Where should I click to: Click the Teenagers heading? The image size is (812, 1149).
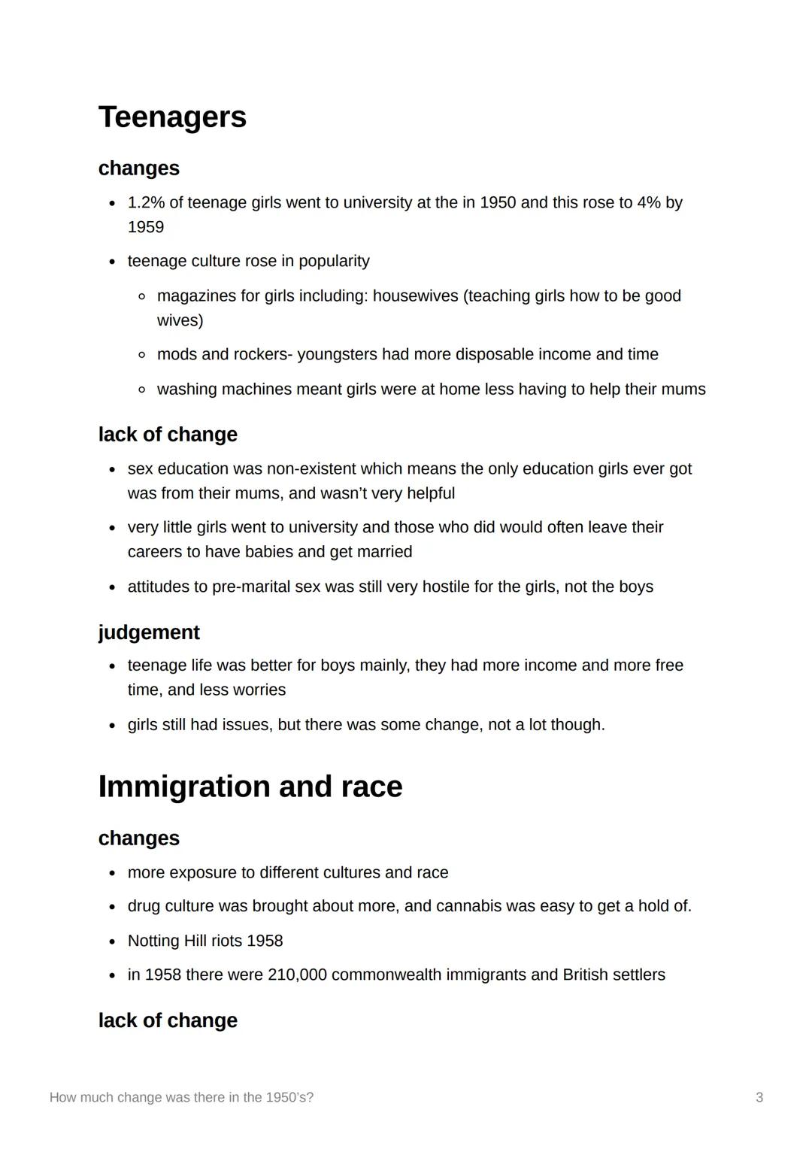point(172,117)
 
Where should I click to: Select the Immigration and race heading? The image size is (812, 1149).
point(250,787)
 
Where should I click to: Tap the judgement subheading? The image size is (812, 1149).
point(149,632)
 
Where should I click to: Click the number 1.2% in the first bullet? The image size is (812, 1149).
point(146,203)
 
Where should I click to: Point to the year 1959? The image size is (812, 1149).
point(146,227)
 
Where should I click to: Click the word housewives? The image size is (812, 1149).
point(415,296)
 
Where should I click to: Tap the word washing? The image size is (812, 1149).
point(185,390)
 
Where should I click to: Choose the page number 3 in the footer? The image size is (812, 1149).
point(759,1098)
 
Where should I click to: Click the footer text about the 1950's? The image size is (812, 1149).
point(181,1098)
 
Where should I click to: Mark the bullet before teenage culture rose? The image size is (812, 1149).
point(112,262)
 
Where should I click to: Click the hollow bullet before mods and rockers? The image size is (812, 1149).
point(141,355)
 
